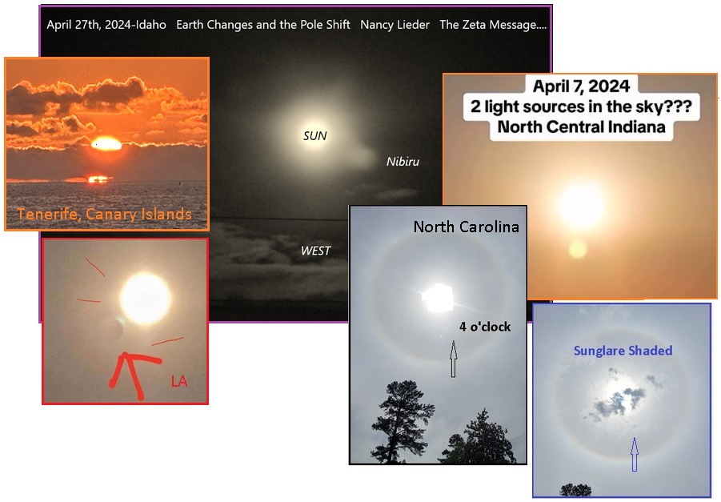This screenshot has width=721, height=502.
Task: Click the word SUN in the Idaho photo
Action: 315,136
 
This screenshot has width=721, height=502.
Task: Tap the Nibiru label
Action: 403,162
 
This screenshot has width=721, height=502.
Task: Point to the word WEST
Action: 315,251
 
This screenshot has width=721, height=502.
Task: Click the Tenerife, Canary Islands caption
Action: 104,215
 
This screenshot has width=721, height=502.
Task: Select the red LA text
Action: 179,381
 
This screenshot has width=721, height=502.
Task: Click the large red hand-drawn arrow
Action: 134,374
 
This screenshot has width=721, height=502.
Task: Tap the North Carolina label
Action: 467,227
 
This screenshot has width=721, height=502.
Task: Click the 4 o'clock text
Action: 485,327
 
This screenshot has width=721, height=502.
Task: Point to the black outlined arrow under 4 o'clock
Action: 454,359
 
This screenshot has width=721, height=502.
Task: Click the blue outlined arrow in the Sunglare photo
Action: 635,454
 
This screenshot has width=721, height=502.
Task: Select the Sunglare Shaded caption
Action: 623,351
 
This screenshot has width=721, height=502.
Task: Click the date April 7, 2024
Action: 581,86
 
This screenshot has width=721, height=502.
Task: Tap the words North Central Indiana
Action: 581,127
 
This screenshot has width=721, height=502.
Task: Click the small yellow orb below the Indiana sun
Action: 578,249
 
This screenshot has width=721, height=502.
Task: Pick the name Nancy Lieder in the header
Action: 395,24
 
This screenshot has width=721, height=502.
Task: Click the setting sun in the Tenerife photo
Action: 106,144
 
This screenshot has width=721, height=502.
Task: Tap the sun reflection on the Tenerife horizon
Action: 98,179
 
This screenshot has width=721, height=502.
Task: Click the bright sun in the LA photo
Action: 146,298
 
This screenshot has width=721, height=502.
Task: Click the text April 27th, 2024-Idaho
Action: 106,24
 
